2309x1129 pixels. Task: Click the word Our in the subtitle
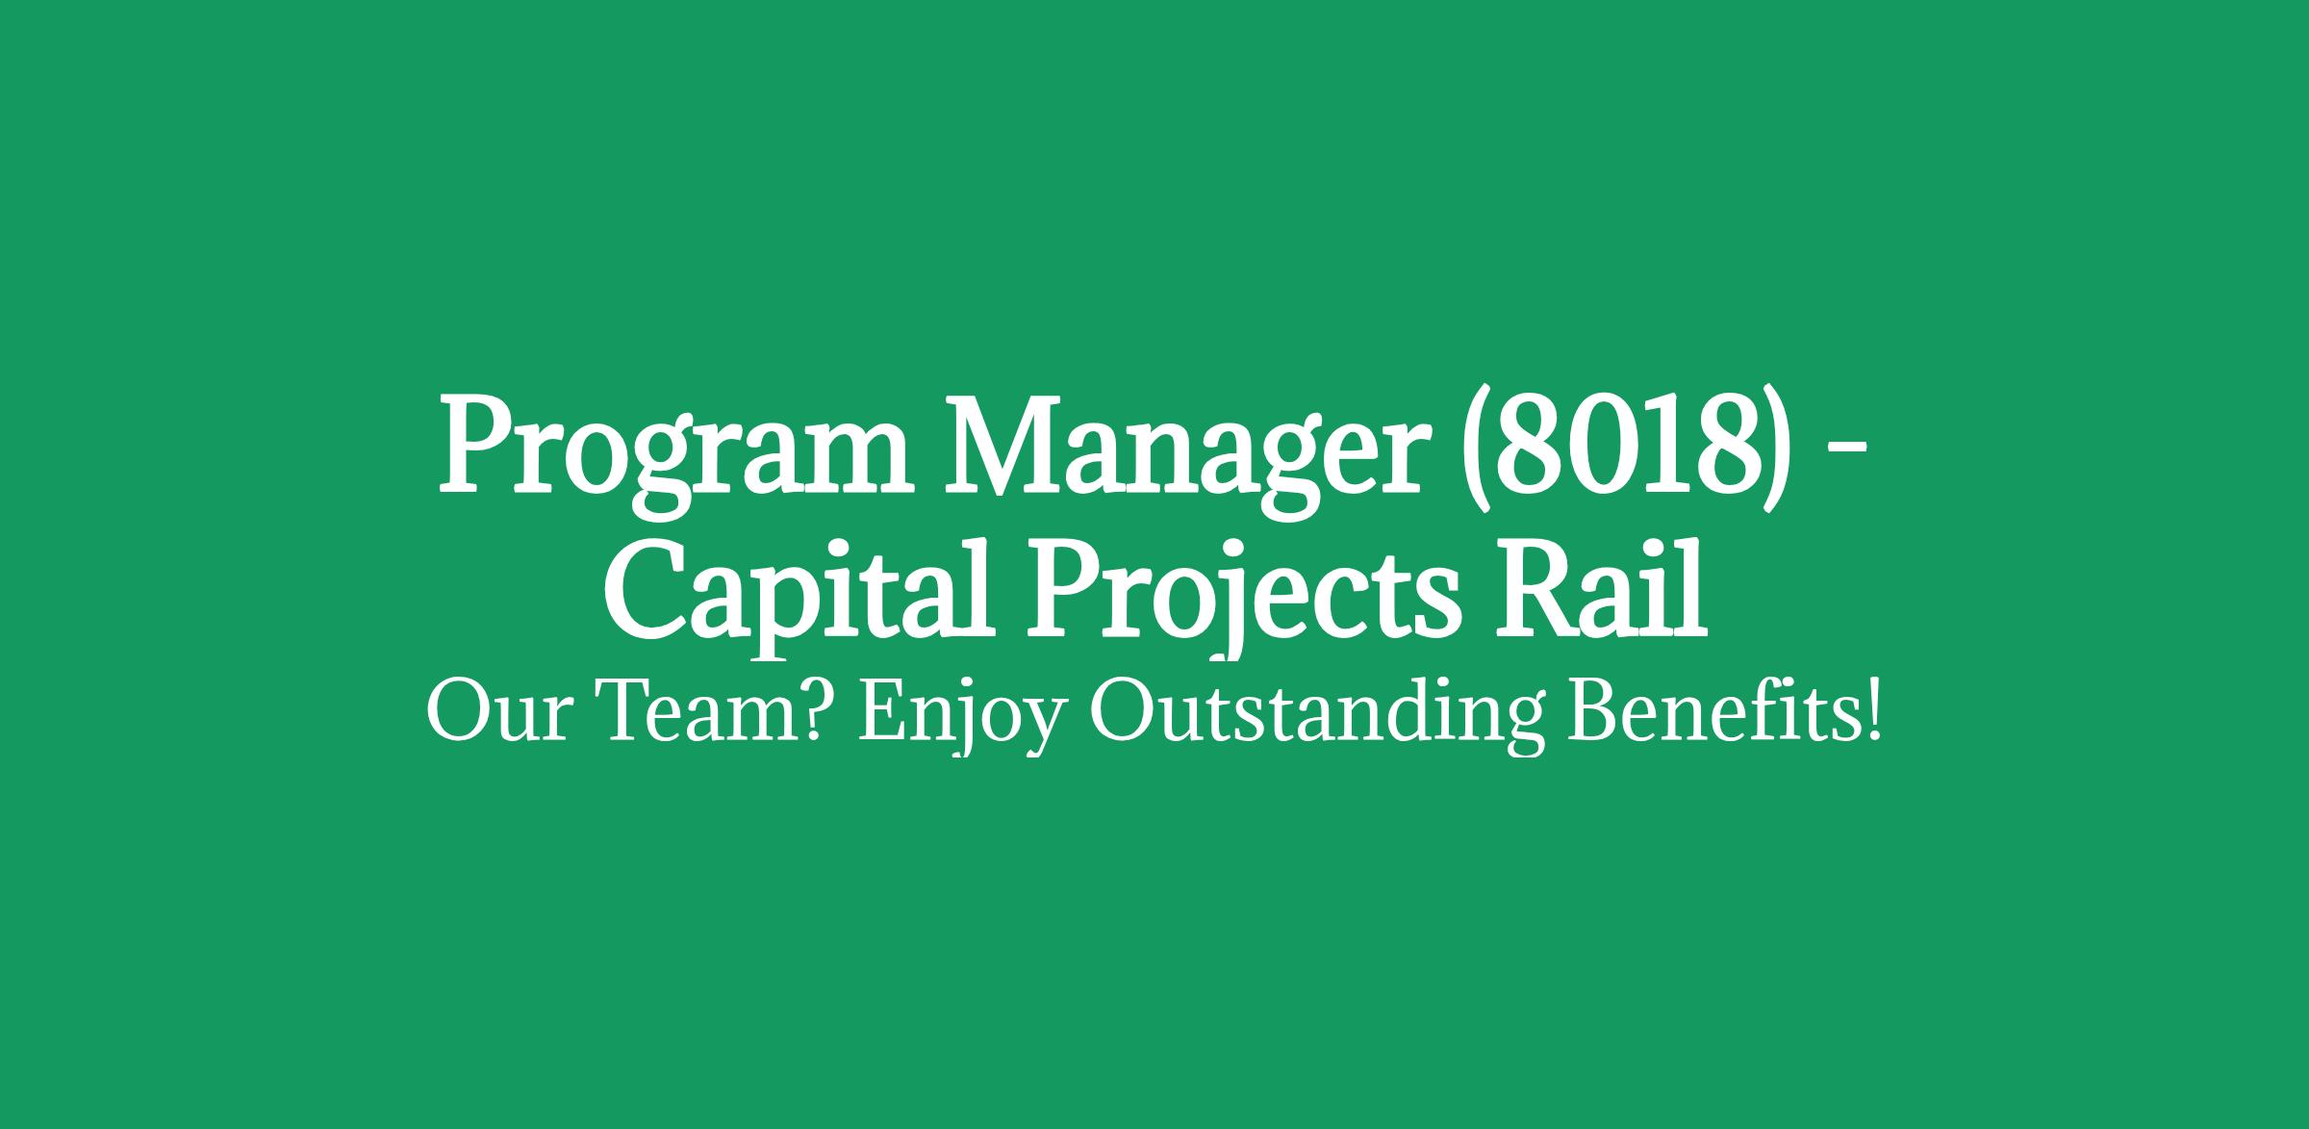(495, 716)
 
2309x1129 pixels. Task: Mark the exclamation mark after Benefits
(1871, 712)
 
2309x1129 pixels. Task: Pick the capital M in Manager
(1013, 445)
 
